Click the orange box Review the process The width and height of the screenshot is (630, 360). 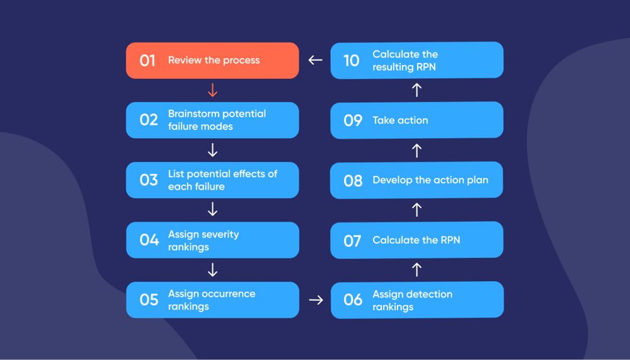point(212,61)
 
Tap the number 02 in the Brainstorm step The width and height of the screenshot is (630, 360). point(149,120)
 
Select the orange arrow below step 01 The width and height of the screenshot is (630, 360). point(212,90)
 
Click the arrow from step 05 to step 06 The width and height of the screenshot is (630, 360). point(316,300)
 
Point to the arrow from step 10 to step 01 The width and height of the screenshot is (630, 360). point(315,60)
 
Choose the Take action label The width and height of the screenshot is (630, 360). point(400,120)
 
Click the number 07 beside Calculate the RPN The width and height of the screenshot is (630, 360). point(353,240)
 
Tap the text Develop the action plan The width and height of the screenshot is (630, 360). point(430,180)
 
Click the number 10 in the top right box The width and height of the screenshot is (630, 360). point(352,61)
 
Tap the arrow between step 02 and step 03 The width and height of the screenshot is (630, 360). point(212,150)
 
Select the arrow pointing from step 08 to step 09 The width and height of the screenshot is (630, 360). point(416,150)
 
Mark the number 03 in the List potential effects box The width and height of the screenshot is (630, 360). point(149,180)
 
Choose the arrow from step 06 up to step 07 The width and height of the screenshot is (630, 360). point(416,270)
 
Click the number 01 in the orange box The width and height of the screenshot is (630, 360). point(147,61)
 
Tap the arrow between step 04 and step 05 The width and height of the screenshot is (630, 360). point(212,270)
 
